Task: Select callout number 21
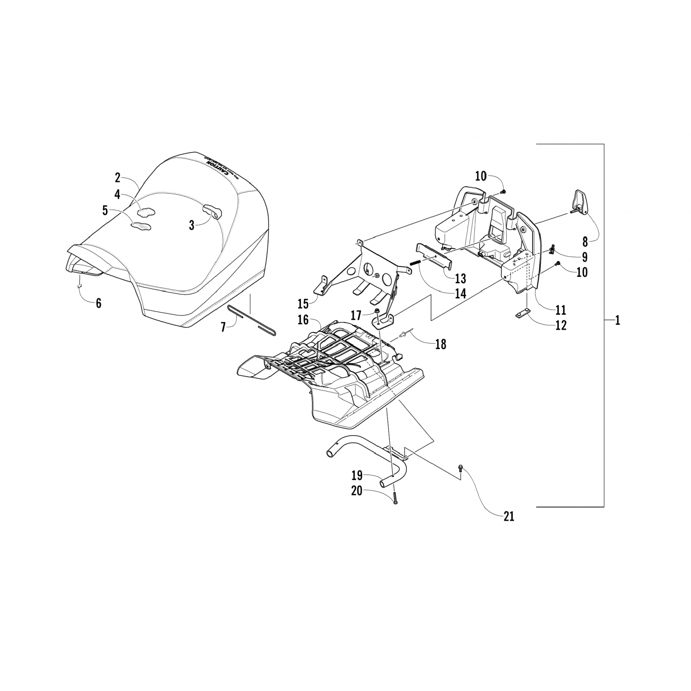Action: [508, 516]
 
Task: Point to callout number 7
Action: [223, 328]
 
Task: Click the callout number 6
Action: [98, 303]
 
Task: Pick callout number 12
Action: [561, 325]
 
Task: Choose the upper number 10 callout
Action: [480, 176]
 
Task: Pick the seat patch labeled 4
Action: [147, 212]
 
